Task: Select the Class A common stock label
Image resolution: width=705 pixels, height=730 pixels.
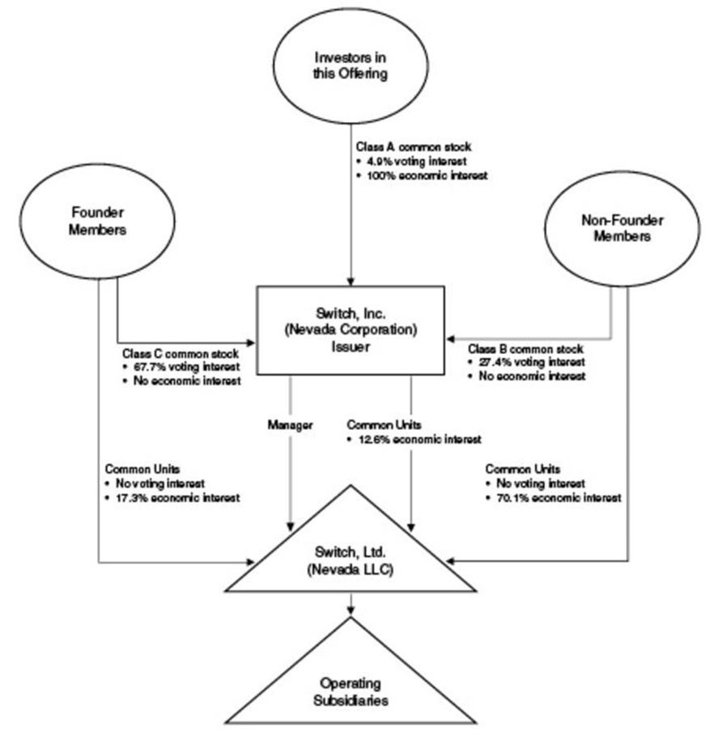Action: (402, 149)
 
